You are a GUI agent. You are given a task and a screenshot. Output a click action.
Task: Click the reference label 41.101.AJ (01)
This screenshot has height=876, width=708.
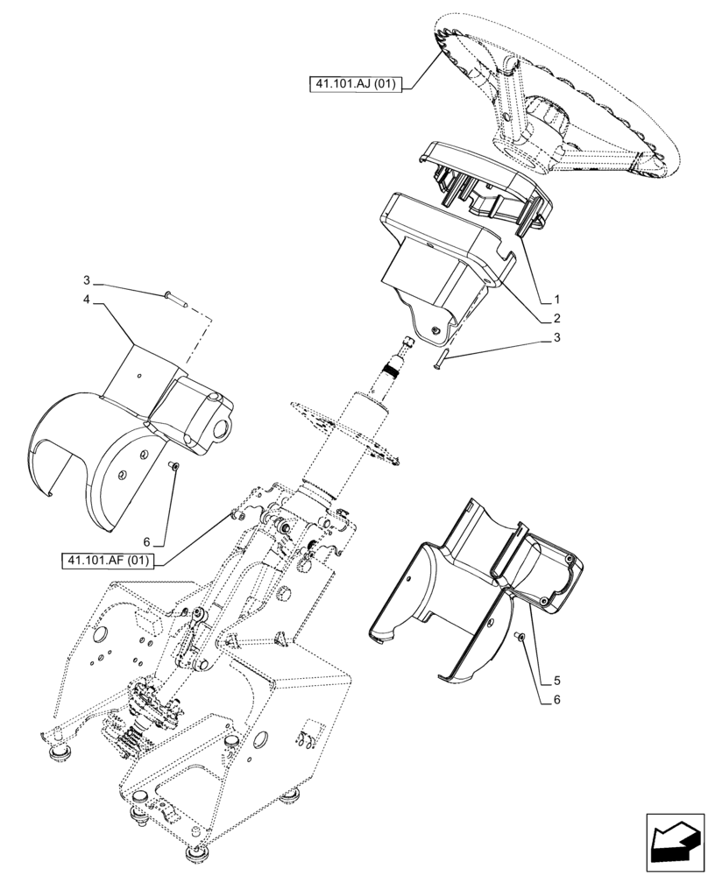(353, 85)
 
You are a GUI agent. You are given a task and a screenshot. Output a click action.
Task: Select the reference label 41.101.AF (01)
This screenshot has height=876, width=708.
(108, 559)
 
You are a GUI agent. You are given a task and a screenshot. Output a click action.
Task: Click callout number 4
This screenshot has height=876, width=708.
(88, 300)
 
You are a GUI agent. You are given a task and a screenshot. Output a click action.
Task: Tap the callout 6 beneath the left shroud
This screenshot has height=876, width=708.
(148, 542)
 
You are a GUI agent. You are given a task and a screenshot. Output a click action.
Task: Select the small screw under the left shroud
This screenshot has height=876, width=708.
(173, 467)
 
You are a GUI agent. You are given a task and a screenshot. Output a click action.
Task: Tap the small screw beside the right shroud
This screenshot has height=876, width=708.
(520, 639)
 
